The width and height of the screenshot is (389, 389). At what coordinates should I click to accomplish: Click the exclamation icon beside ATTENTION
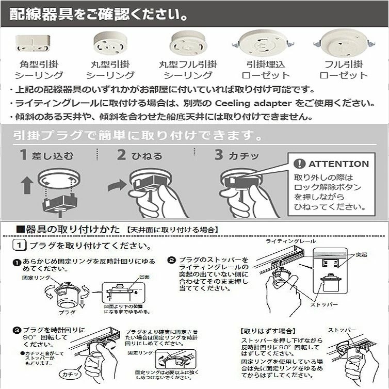pos(299,164)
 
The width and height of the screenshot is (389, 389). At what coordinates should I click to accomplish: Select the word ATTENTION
pos(338,164)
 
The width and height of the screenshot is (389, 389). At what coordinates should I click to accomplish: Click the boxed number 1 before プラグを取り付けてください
pos(19,246)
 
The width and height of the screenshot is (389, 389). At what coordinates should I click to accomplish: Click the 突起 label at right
pos(362,255)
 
